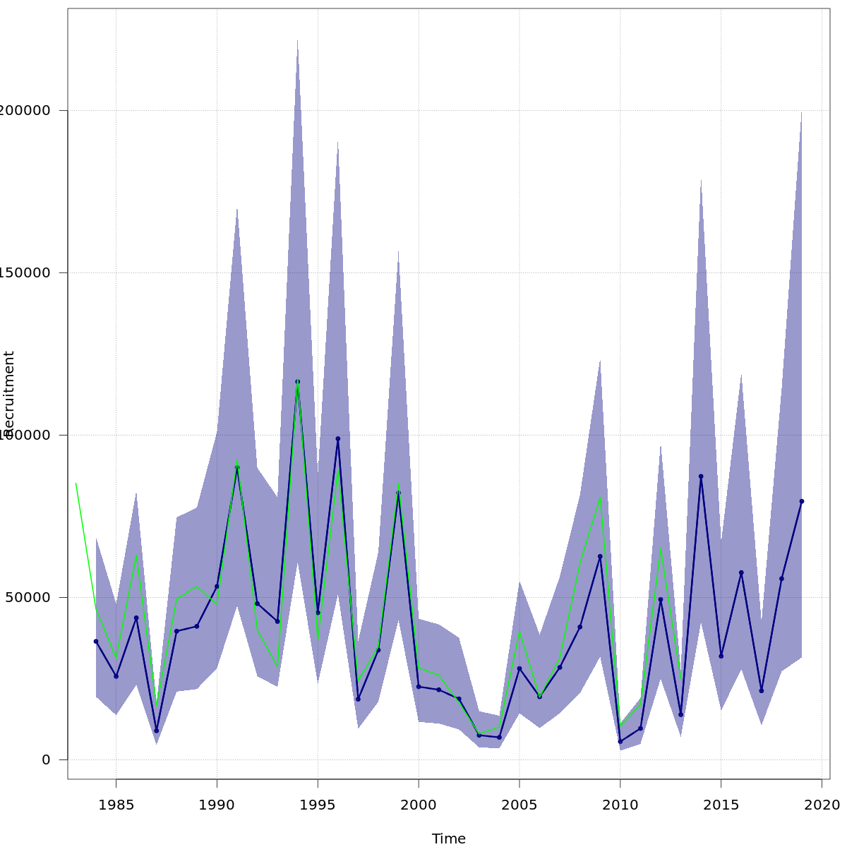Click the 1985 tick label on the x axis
[x=116, y=805]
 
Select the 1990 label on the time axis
[x=217, y=805]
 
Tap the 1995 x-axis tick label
[x=318, y=805]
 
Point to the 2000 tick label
[x=419, y=805]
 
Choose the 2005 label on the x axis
[x=519, y=805]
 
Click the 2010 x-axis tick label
[x=620, y=805]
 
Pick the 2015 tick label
[x=721, y=805]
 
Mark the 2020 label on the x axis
[x=822, y=805]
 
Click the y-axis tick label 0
[x=46, y=759]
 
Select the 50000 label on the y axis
[x=28, y=597]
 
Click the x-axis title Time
[x=449, y=839]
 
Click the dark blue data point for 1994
[x=297, y=382]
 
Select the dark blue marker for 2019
[x=802, y=501]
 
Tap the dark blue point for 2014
[x=701, y=476]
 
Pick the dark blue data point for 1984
[x=96, y=641]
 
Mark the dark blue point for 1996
[x=338, y=438]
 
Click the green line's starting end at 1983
[x=76, y=483]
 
